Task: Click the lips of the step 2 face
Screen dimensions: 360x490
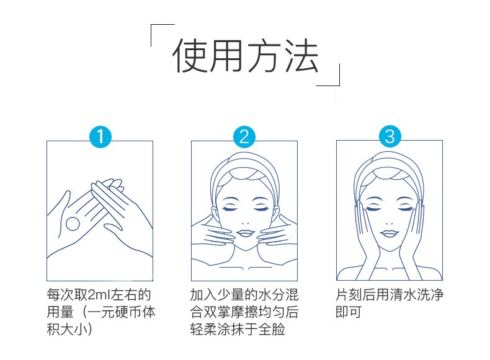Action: [x=244, y=233]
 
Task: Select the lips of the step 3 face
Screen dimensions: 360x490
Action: [x=390, y=233]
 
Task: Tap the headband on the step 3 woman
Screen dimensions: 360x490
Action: [x=390, y=166]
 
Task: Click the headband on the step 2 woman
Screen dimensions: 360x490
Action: [x=244, y=166]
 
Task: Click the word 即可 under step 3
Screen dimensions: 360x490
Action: [x=348, y=312]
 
